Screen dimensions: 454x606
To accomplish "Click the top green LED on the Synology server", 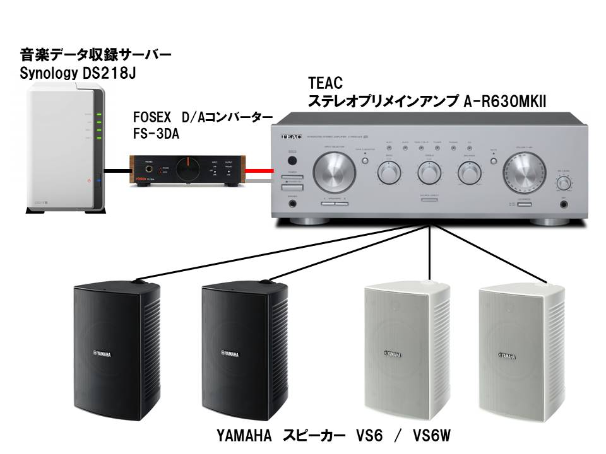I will [98, 114].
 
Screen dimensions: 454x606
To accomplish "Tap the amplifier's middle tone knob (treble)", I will [428, 172].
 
